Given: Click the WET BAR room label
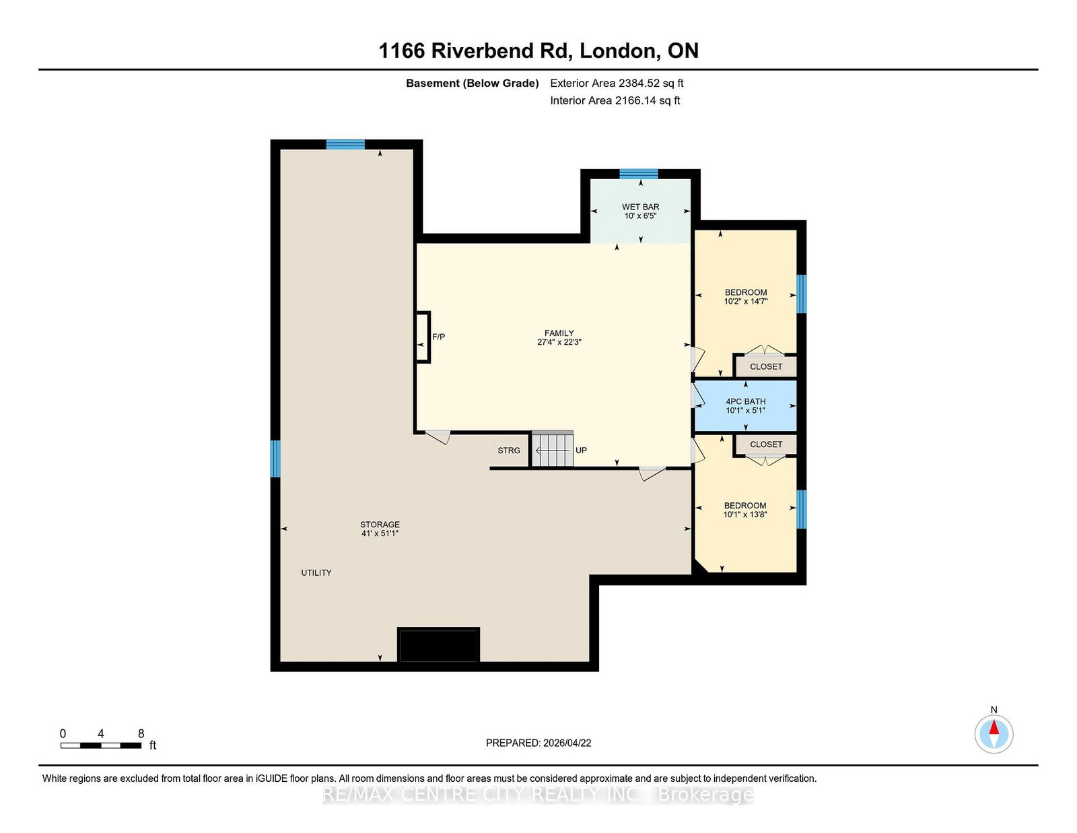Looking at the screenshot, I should point(640,207).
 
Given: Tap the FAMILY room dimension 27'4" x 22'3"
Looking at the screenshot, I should point(559,342).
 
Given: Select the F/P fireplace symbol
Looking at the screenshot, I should point(423,337).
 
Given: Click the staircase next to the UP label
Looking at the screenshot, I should point(553,449).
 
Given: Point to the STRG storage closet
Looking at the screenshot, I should point(509,451).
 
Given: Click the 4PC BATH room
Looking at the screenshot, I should point(745,405).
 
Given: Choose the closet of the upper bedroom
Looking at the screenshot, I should point(766,366).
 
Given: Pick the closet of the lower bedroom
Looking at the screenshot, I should point(766,444).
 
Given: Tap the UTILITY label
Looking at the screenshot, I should point(316,572).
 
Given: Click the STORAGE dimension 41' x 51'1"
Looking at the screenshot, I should point(380,533).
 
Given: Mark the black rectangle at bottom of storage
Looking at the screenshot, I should point(439,645).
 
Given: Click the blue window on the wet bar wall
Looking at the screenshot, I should point(638,174).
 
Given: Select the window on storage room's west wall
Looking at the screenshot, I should point(275,459).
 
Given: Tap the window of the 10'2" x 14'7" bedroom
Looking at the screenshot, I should point(801,294).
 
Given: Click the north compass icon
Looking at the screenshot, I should point(994,733).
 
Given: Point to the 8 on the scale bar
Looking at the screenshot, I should point(141,734).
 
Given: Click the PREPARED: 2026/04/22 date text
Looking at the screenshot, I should point(538,743).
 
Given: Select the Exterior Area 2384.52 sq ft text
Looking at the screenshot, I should point(617,84).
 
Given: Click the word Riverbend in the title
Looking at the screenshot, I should point(501,51).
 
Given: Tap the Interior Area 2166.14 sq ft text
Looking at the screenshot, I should point(615,100).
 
